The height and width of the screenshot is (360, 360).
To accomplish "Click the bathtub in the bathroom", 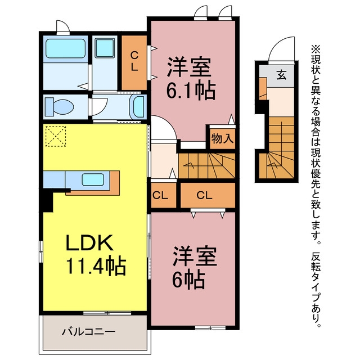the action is (65, 48).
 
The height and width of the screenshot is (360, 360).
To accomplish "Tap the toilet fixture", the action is (59, 107).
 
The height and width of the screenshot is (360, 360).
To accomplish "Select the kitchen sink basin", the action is (93, 179).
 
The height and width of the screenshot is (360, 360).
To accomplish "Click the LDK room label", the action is (89, 242).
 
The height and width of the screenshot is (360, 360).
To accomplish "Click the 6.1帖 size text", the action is (191, 90).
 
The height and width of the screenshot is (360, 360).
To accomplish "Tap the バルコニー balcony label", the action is (88, 331).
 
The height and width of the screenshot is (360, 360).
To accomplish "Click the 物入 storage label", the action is (223, 138).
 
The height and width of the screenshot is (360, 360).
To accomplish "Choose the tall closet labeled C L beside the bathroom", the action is (134, 62).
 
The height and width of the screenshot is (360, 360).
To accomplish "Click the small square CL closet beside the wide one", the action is (163, 195).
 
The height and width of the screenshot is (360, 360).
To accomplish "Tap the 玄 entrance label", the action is (281, 75).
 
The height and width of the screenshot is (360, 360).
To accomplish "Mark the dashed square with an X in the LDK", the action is (56, 136).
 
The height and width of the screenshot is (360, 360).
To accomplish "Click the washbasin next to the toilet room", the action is (138, 107).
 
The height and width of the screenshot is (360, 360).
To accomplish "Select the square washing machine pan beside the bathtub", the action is (105, 48).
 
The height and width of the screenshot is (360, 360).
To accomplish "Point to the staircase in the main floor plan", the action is (207, 166).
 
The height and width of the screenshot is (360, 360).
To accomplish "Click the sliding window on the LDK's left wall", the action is (41, 251).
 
